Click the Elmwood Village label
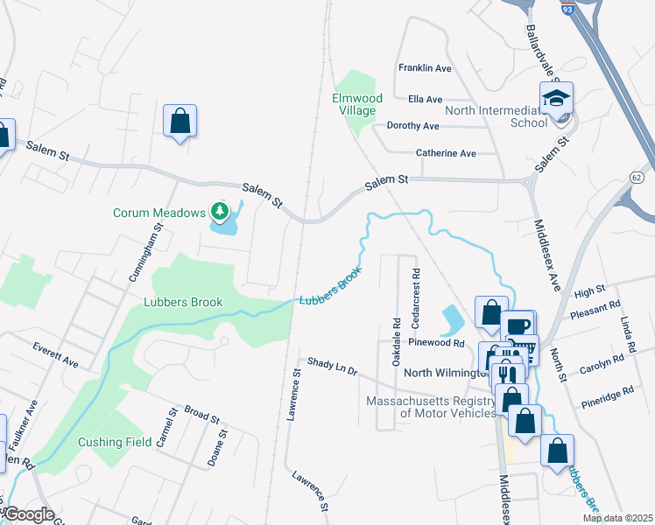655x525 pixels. tap(354, 104)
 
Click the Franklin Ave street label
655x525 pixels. tap(425, 67)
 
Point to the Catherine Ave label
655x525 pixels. tap(446, 153)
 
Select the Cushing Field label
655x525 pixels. tap(115, 442)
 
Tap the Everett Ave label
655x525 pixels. tap(56, 354)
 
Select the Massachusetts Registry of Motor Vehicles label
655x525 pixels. tap(429, 407)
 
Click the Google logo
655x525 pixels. tap(30, 514)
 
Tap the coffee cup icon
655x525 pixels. tap(520, 325)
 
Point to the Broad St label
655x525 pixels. tap(201, 413)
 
